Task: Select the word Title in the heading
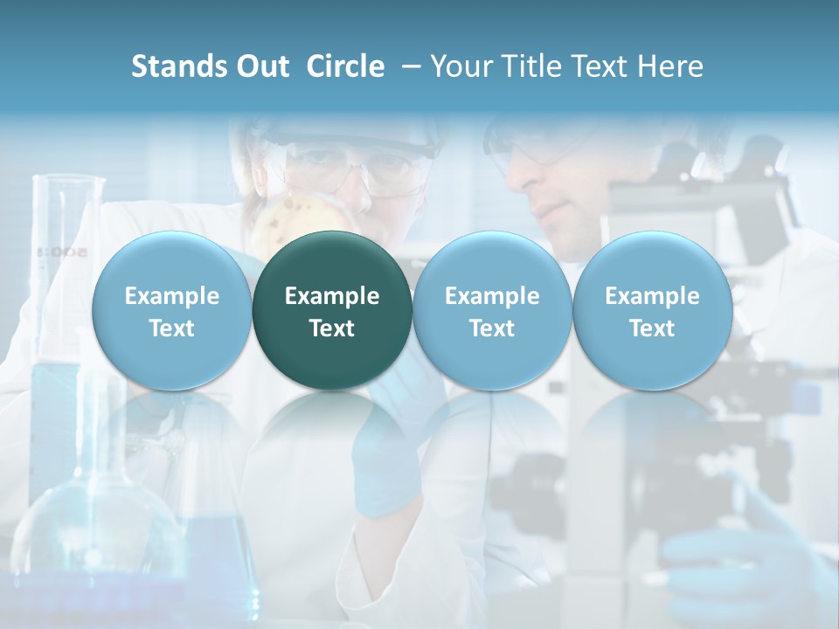pyautogui.click(x=533, y=66)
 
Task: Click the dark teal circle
pyautogui.click(x=332, y=310)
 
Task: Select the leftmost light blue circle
pyautogui.click(x=172, y=310)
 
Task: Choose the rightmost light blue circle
pyautogui.click(x=652, y=310)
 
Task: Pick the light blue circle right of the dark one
pyautogui.click(x=492, y=310)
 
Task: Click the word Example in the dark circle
pyautogui.click(x=332, y=296)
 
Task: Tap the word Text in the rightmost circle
pyautogui.click(x=652, y=328)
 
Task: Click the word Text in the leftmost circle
pyautogui.click(x=172, y=328)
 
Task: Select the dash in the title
pyautogui.click(x=407, y=66)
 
